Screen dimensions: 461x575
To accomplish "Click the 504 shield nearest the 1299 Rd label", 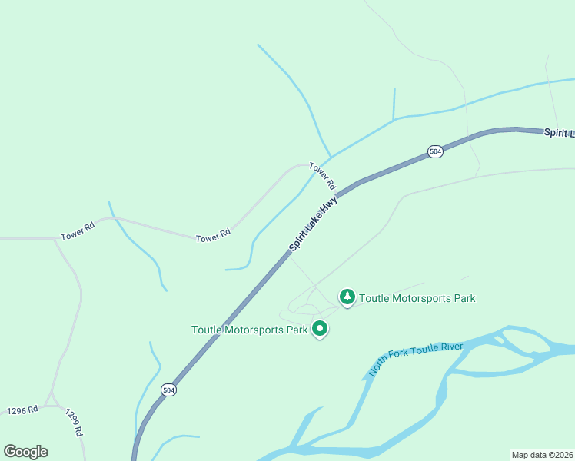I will tap(168, 390).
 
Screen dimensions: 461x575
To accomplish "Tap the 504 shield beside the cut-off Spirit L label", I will tap(436, 151).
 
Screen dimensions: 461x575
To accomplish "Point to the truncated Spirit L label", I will tap(559, 133).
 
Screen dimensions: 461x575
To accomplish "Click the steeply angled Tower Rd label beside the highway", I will tap(323, 176).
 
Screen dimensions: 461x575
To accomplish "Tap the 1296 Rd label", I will tap(22, 410).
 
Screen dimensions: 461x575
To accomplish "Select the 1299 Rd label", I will tap(74, 422).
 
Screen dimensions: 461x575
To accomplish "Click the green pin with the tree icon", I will tap(347, 297).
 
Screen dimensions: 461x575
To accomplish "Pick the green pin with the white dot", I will tap(320, 329).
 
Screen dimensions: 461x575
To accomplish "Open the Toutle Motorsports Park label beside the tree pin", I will tap(417, 298).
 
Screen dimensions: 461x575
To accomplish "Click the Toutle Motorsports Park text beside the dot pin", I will tap(249, 330).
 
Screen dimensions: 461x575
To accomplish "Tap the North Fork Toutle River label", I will tap(416, 359).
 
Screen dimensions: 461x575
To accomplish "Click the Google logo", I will tap(25, 452).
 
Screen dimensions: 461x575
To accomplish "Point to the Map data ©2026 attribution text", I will tap(542, 455).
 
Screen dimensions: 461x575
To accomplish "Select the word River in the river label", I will tap(452, 348).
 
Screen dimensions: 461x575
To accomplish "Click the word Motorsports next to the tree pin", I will tap(418, 298).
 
